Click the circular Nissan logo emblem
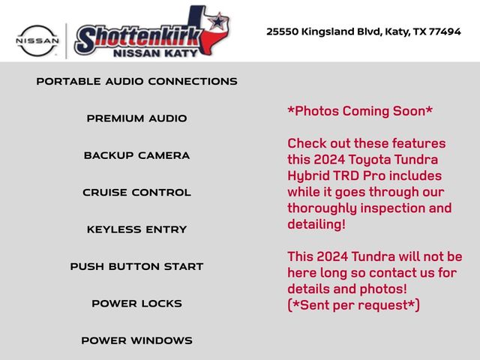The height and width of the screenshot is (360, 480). [37, 40]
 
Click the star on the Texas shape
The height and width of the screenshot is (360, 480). [217, 21]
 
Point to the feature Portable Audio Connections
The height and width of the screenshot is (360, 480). [136, 81]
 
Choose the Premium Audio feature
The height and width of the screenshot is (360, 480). [136, 118]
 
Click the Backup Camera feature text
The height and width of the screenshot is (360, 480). [136, 155]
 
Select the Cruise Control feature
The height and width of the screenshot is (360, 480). [136, 192]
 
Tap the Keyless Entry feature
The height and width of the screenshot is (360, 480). [136, 229]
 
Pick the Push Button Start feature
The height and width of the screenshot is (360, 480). [136, 266]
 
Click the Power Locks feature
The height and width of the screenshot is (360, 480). [136, 303]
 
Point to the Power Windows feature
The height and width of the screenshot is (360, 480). [136, 340]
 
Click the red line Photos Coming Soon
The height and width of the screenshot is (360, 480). [360, 111]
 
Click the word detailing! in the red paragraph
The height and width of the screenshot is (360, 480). [316, 224]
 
